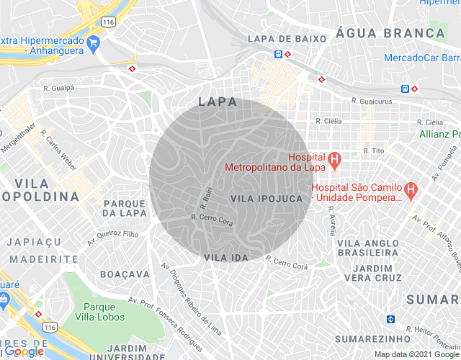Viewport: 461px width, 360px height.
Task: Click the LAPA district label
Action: click(217, 102)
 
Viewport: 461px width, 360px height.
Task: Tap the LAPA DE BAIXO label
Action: click(282, 38)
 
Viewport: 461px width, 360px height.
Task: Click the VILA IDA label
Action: click(225, 257)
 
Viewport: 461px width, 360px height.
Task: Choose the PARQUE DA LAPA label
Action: click(124, 208)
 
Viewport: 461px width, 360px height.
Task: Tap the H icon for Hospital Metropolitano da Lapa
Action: click(334, 158)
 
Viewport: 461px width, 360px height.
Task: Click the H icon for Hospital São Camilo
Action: click(410, 191)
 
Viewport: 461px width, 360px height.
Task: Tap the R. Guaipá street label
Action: click(60, 89)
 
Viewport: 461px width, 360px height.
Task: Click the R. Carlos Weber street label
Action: click(58, 148)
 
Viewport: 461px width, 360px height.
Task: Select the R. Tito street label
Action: click(376, 150)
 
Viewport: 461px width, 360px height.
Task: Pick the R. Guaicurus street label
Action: click(372, 102)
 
